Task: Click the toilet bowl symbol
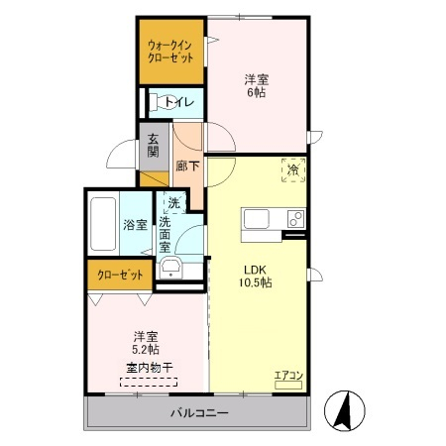[x=156, y=101]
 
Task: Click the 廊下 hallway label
[x=186, y=167]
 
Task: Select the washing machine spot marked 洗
[x=173, y=203]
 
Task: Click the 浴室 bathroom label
[x=135, y=224]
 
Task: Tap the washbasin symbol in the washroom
[x=171, y=271]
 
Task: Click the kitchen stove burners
[x=294, y=218]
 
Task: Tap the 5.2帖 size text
[x=146, y=349]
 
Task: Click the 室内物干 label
[x=147, y=369]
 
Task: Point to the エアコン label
[x=287, y=374]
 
